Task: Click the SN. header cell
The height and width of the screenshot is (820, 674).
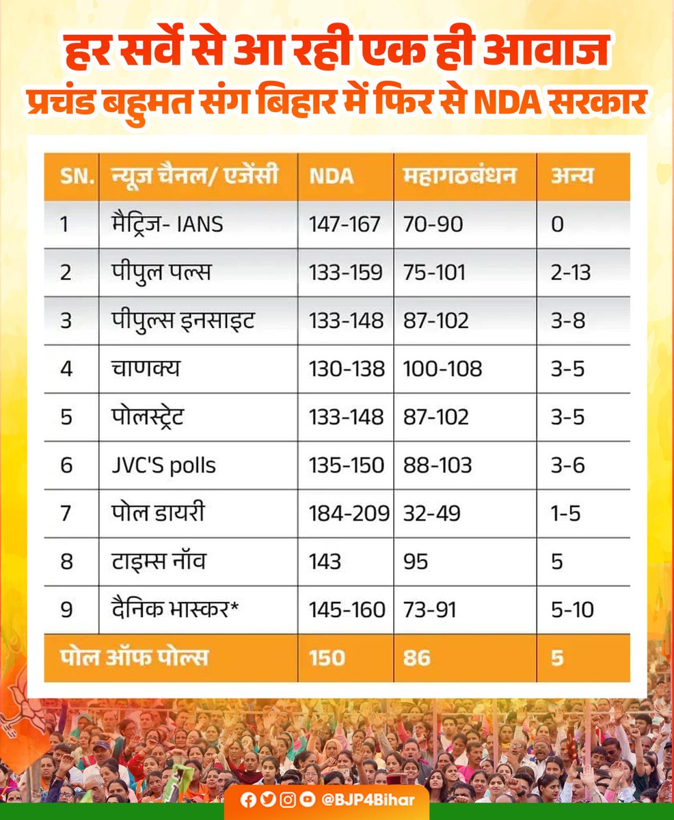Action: (66, 176)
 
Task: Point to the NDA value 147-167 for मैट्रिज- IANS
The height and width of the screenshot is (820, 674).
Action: (345, 223)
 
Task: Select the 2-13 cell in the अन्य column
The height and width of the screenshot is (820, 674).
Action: (571, 272)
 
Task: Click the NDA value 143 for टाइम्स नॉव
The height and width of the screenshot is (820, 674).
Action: (325, 561)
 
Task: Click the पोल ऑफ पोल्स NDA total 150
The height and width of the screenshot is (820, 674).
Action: (326, 657)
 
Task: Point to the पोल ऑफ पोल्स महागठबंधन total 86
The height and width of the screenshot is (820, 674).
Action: (417, 657)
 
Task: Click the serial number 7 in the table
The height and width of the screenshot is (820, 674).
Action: (66, 513)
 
